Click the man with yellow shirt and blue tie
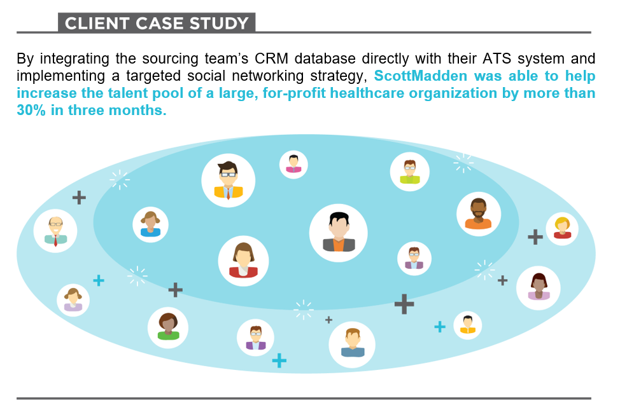tap(228, 180)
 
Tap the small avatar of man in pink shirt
tap(293, 164)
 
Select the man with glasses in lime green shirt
tap(410, 172)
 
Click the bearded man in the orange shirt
tap(479, 214)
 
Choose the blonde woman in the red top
tap(562, 228)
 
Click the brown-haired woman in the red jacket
tap(243, 261)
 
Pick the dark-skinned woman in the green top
tap(168, 327)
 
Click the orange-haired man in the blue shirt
tap(352, 344)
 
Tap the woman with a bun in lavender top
tap(73, 300)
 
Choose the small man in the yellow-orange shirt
tap(468, 325)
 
